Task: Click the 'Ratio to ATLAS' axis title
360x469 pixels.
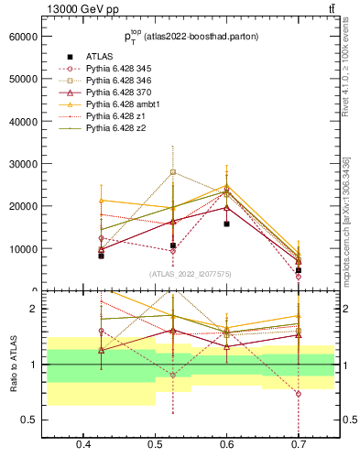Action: [x=12, y=365]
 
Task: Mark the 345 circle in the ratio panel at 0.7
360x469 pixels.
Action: [x=299, y=393]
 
